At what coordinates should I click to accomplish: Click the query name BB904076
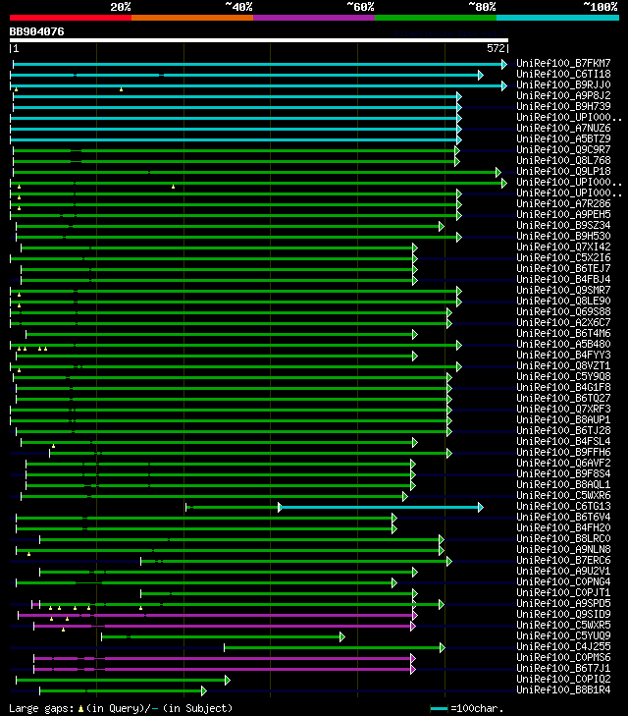[x=37, y=31]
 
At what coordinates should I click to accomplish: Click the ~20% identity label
[x=121, y=6]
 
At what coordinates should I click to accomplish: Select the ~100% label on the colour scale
[x=600, y=6]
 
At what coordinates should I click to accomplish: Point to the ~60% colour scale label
[x=359, y=6]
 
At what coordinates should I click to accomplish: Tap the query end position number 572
[x=496, y=47]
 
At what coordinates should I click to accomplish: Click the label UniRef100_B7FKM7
[x=563, y=63]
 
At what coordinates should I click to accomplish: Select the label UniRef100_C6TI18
[x=563, y=74]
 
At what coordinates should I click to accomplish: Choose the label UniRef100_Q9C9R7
[x=563, y=149]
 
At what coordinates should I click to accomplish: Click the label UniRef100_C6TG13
[x=563, y=506]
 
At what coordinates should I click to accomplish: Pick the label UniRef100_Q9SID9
[x=563, y=614]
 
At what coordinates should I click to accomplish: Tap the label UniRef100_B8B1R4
[x=563, y=689]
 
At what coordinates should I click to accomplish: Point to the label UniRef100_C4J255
[x=563, y=646]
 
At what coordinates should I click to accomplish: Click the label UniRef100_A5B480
[x=563, y=344]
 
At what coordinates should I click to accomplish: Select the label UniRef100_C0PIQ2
[x=563, y=679]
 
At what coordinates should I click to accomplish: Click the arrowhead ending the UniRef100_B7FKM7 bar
[x=504, y=64]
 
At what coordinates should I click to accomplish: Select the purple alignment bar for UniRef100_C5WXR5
[x=255, y=626]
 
